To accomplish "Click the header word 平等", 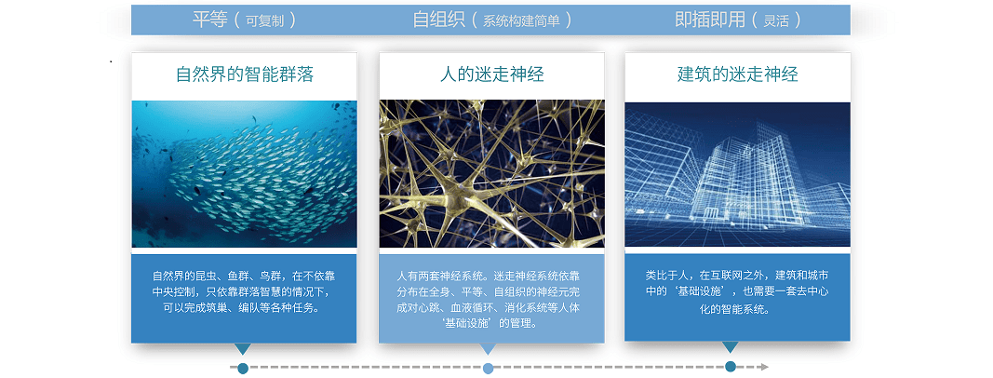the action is click(209, 20).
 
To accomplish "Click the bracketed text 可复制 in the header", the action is click(262, 20).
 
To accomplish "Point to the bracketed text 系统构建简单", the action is click(521, 20).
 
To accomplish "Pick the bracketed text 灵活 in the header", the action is click(776, 20).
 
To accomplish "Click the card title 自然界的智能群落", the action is click(245, 74).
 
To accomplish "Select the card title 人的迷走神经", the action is click(491, 74).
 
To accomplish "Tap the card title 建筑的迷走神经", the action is click(738, 74).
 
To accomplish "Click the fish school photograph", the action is click(245, 173).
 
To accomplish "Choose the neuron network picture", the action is click(491, 173).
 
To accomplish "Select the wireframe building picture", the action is click(738, 174).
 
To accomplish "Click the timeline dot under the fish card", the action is click(243, 369).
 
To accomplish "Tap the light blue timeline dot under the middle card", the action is click(488, 369).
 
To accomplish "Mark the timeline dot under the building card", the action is click(731, 367).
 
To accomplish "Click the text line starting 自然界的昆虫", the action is click(245, 277).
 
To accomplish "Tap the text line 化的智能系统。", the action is click(738, 310).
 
